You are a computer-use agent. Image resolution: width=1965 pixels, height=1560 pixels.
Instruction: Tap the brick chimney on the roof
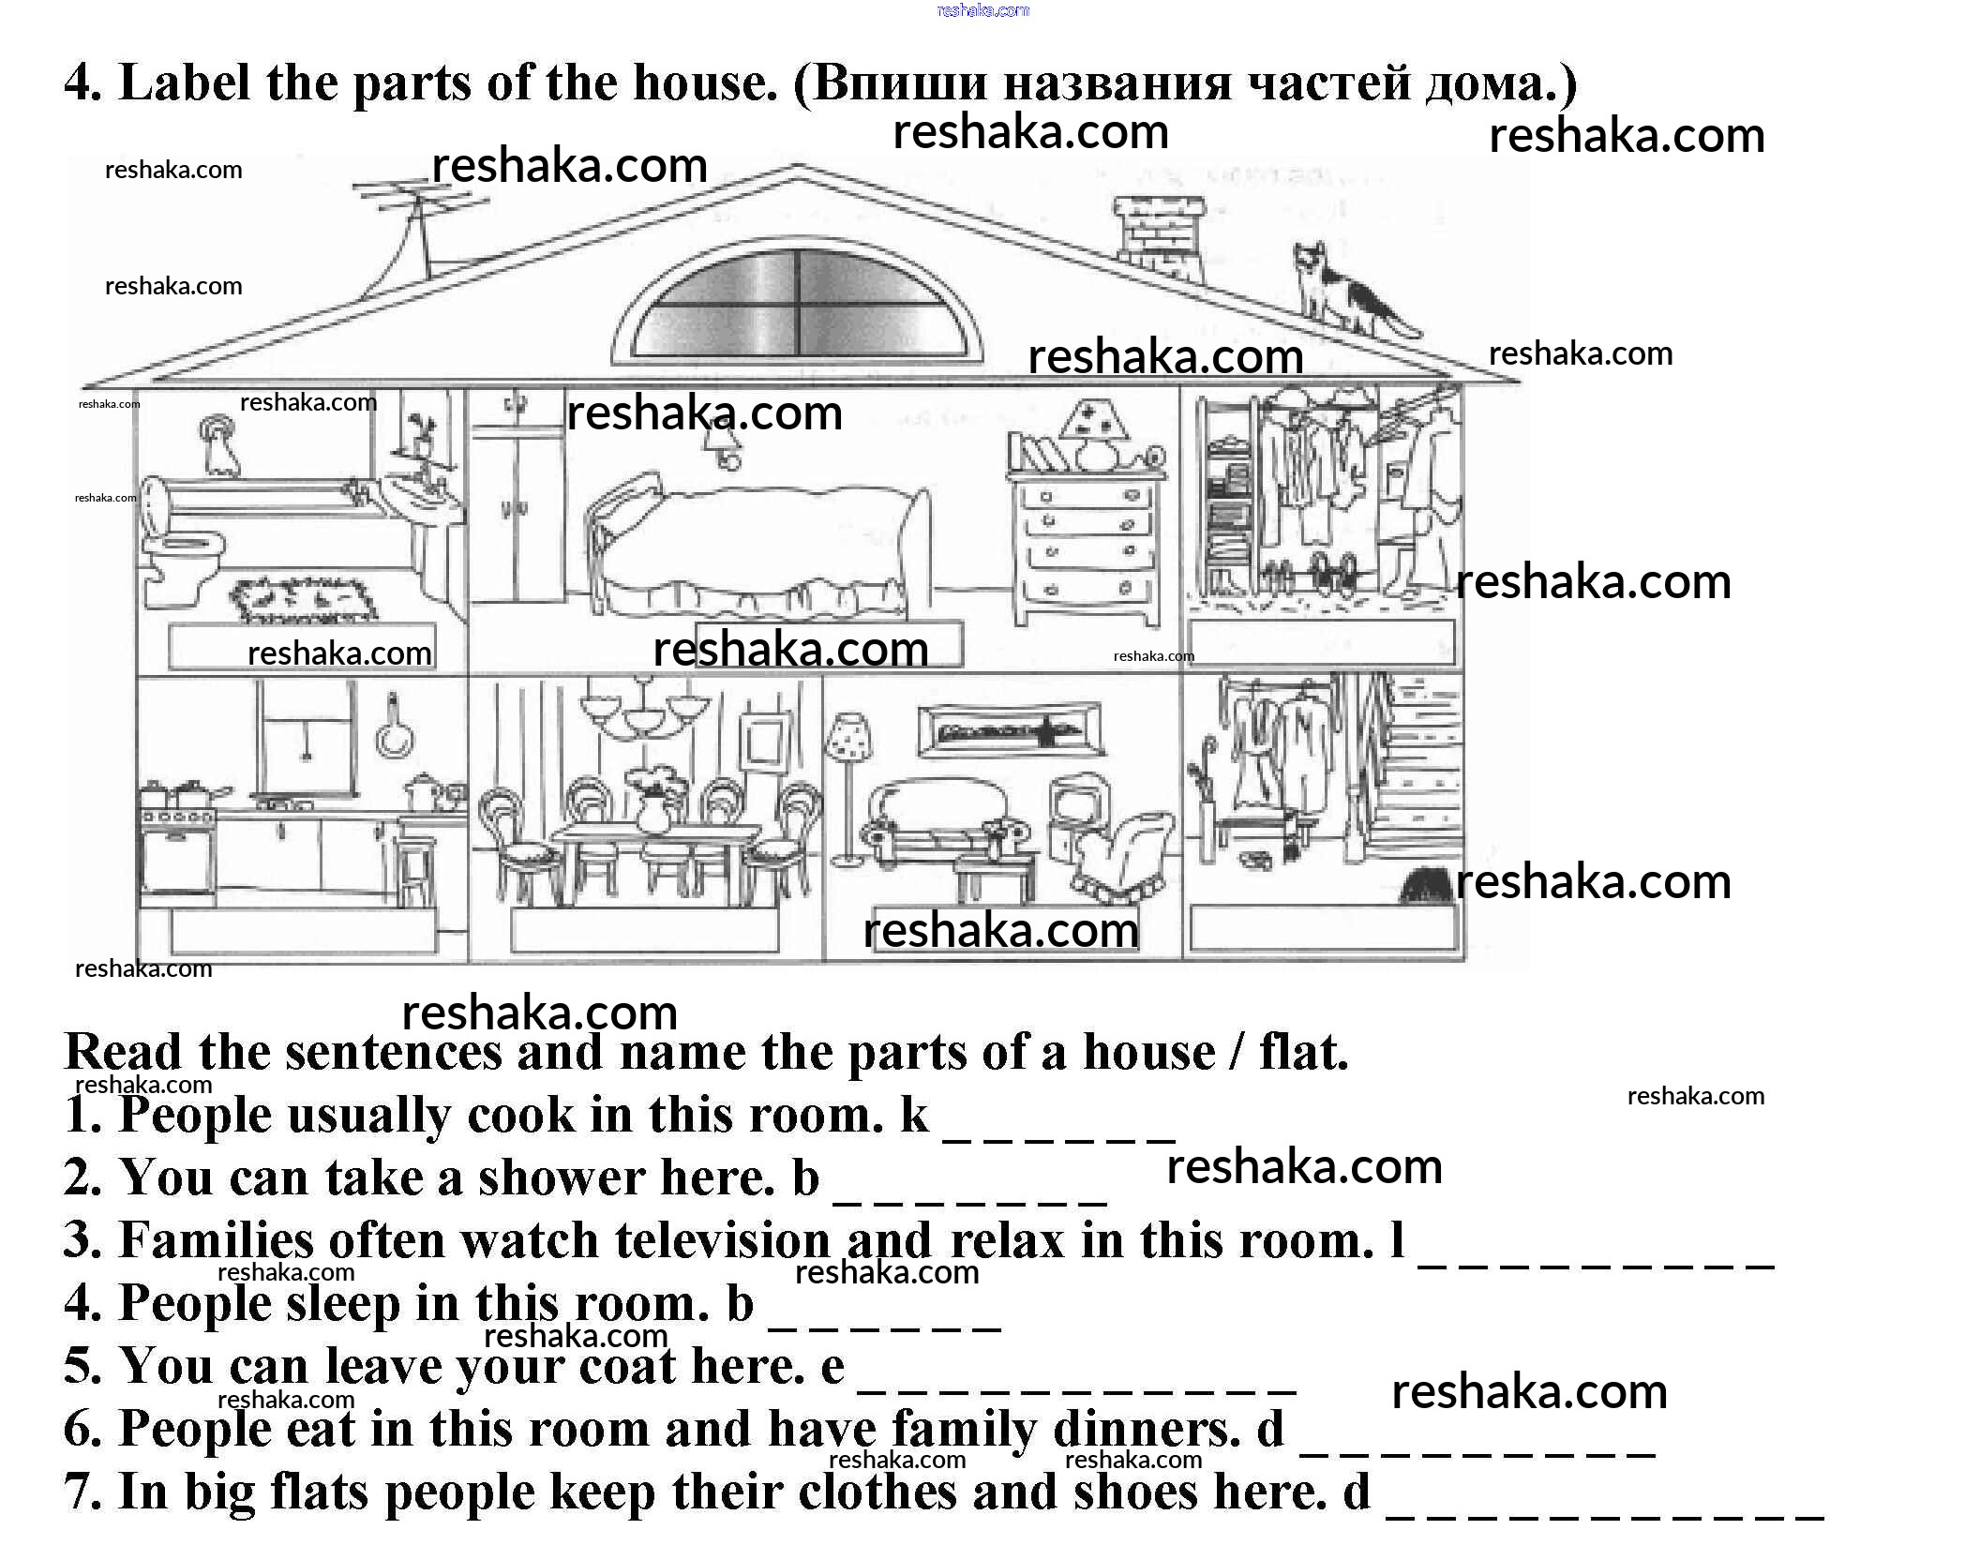point(1159,236)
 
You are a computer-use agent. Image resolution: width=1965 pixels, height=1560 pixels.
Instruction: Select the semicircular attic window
point(797,302)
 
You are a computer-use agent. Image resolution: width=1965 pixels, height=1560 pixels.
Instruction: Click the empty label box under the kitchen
point(304,931)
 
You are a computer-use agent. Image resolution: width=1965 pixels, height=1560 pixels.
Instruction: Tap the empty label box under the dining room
point(645,929)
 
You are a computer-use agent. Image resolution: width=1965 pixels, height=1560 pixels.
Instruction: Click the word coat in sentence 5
point(628,1366)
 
